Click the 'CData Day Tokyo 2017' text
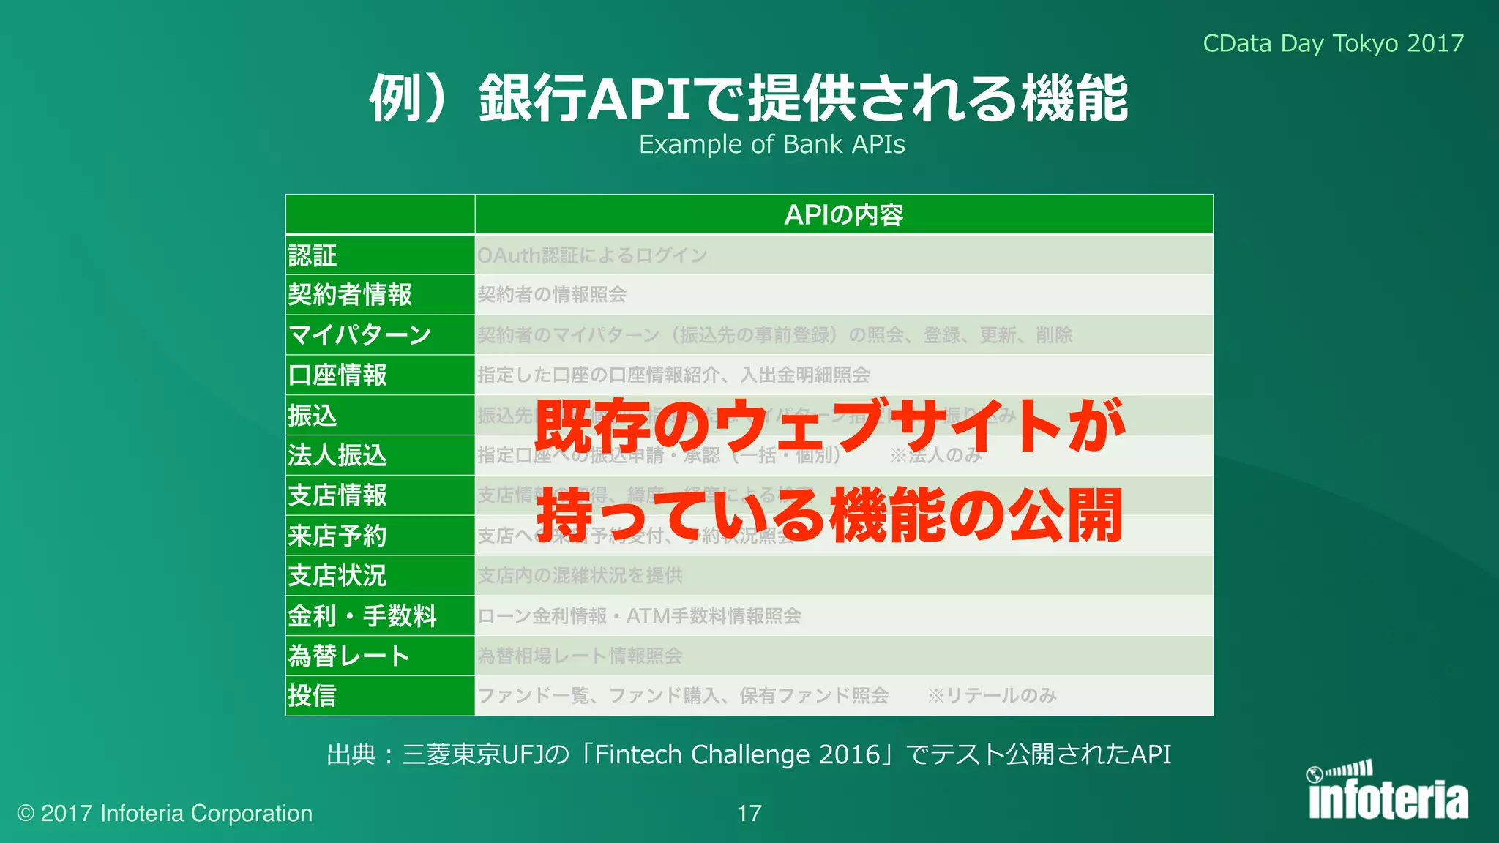[1333, 43]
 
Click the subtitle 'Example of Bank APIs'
[771, 144]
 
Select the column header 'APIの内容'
[843, 214]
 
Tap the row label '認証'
[313, 255]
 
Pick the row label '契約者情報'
[350, 295]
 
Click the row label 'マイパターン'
[360, 335]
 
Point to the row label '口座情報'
[337, 375]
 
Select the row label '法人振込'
[337, 455]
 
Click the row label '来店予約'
[337, 536]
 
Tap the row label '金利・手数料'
[362, 616]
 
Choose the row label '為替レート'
[348, 656]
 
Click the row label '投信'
[313, 695]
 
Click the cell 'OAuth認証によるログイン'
[592, 255]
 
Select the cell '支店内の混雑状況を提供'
[580, 576]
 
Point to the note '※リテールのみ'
[992, 695]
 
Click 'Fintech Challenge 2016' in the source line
[737, 754]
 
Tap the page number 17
[749, 813]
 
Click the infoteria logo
[1387, 793]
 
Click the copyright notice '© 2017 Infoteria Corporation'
[165, 813]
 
